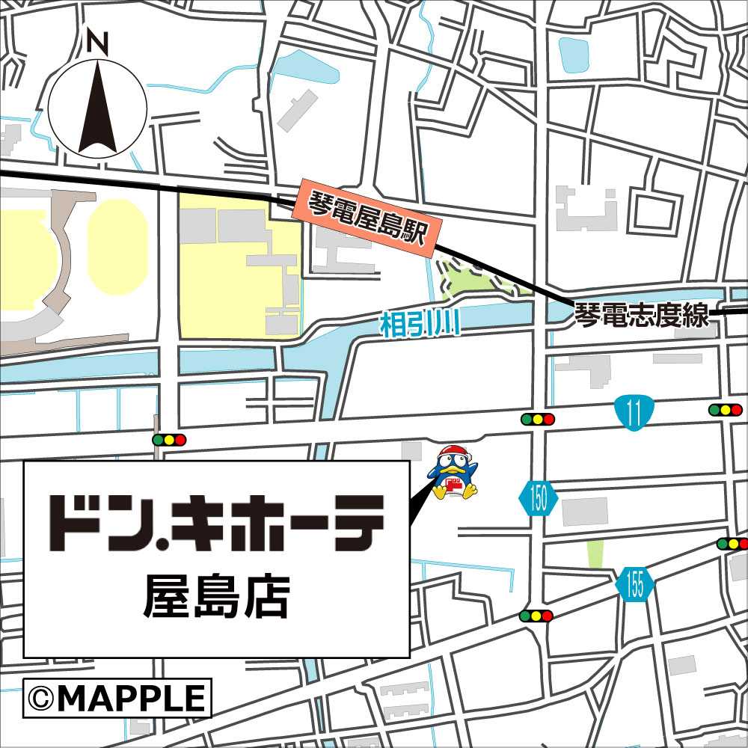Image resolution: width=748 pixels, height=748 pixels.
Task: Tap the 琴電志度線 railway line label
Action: tap(641, 316)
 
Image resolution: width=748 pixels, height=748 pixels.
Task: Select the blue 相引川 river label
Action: tap(419, 325)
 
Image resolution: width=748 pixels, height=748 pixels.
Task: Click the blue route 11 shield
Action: tap(634, 414)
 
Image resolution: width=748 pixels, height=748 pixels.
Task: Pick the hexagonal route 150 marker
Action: tap(539, 499)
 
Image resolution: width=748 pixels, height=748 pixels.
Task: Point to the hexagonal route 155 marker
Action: tap(635, 584)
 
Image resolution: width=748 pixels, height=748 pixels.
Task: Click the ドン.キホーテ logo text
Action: tap(217, 521)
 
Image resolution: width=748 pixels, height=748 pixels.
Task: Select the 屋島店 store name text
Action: tap(216, 598)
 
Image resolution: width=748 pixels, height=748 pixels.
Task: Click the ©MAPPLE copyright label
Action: tap(117, 698)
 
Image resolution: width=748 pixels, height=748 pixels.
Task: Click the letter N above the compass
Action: tap(97, 43)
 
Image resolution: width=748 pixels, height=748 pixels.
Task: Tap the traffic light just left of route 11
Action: tap(538, 420)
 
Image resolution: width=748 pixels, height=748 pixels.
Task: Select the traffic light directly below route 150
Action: tap(536, 616)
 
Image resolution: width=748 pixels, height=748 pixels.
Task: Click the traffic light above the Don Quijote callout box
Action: tap(168, 440)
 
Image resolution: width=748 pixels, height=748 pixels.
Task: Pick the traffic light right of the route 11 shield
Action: tap(725, 410)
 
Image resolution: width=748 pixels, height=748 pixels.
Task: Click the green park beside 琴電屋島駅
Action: tap(470, 278)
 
